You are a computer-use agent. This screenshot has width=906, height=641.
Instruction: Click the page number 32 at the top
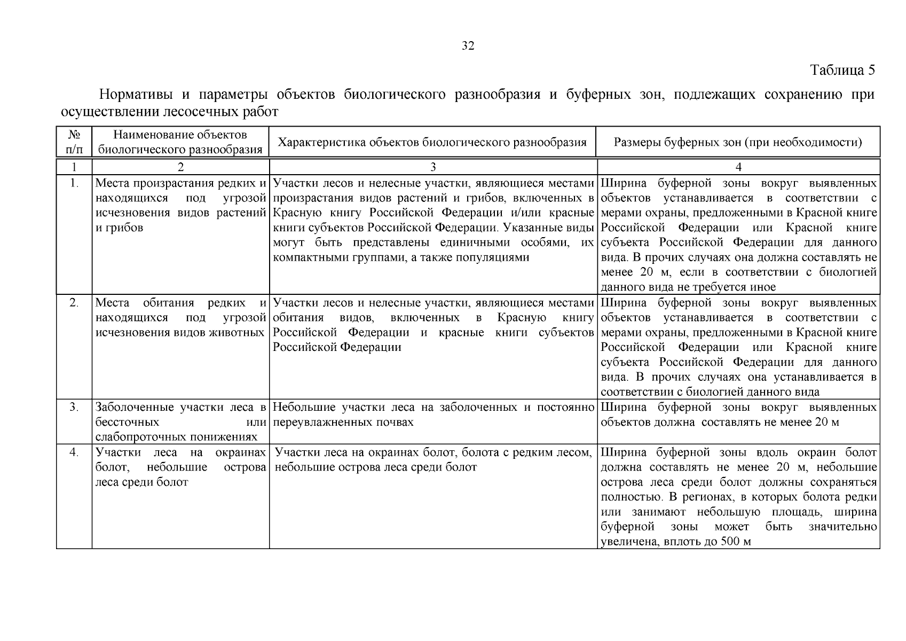coord(468,46)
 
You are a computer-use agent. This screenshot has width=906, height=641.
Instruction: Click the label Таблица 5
coord(842,70)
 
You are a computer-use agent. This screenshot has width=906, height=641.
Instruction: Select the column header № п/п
coord(74,142)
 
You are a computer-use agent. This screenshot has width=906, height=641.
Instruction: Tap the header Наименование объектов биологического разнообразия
coord(180,142)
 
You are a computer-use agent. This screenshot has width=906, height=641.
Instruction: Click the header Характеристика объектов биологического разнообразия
coord(432,142)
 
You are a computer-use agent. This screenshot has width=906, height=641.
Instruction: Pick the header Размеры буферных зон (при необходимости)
coord(738,142)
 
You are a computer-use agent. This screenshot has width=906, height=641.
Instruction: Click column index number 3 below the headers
coord(433,167)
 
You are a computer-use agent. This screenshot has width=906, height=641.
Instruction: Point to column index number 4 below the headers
coord(738,167)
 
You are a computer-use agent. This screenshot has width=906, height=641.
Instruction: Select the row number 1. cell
coord(74,183)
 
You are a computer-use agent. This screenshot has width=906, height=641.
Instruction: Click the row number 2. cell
coord(74,303)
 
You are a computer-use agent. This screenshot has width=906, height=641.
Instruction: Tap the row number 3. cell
coord(74,408)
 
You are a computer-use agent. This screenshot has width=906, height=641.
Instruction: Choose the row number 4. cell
coord(74,452)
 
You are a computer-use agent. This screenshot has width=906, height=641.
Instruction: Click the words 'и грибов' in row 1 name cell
coord(119,228)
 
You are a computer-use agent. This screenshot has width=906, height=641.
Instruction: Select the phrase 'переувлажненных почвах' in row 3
coord(343,423)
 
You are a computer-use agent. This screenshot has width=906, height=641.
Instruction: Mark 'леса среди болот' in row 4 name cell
coord(141,482)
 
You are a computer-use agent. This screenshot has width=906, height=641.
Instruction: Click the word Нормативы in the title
coord(136,95)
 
